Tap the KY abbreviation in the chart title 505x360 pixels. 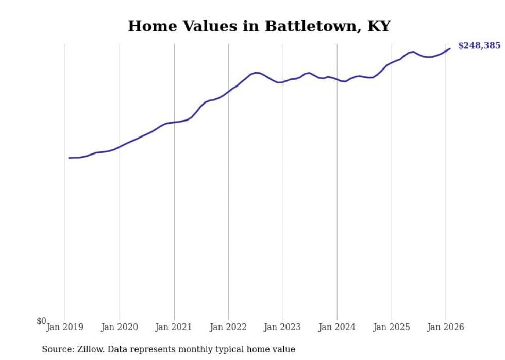coord(379,26)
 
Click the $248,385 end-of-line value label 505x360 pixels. coord(479,46)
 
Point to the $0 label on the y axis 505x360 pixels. coord(41,321)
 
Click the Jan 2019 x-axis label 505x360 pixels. coord(65,327)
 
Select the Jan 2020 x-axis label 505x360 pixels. coord(120,327)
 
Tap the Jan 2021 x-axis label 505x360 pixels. coord(174,327)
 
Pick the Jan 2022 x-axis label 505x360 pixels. coord(228,327)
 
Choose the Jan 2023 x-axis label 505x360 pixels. coord(283,327)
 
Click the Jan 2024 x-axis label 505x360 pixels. coord(337,327)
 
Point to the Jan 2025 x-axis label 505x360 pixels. coord(392,327)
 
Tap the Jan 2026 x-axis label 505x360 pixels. coord(446,327)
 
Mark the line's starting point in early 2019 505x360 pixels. coord(69,158)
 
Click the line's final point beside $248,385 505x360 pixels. coord(450,49)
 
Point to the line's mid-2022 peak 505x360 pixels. coord(256,73)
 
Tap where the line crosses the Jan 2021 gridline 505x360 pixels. coord(174,122)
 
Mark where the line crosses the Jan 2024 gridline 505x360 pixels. coord(337,79)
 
